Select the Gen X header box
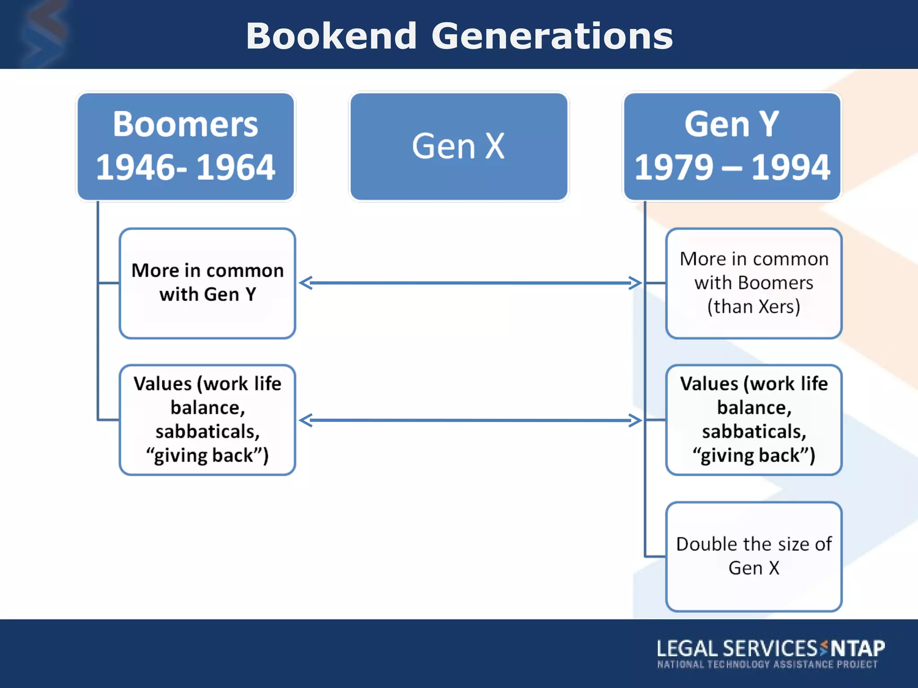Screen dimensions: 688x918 click(459, 146)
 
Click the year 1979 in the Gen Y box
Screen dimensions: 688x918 click(673, 168)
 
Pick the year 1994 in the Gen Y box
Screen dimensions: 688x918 click(790, 168)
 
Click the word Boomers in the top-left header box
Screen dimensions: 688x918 click(185, 124)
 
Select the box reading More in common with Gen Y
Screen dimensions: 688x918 click(207, 283)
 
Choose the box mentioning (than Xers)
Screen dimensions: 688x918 click(753, 283)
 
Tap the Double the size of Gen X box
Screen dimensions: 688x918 click(753, 556)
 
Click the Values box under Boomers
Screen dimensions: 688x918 click(207, 420)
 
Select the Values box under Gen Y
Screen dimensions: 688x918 click(753, 420)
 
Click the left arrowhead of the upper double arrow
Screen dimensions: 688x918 click(305, 283)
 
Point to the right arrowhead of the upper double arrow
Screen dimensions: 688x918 click(637, 283)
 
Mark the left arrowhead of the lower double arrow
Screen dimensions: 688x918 click(305, 420)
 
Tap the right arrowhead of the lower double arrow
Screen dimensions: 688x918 click(637, 420)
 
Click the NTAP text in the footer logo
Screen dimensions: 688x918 click(857, 649)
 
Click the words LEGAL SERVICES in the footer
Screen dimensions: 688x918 click(737, 649)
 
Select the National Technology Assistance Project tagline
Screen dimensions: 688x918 click(767, 664)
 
